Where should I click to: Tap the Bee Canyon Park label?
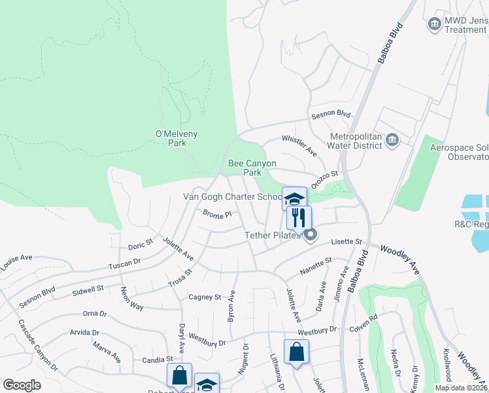pyautogui.click(x=252, y=168)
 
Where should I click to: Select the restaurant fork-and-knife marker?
pyautogui.click(x=299, y=217)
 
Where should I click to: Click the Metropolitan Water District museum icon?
pyautogui.click(x=392, y=140)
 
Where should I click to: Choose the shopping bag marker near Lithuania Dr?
pyautogui.click(x=296, y=352)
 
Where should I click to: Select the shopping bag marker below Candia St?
pyautogui.click(x=179, y=376)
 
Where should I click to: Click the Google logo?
pyautogui.click(x=22, y=385)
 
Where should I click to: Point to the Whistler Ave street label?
pyautogui.click(x=299, y=146)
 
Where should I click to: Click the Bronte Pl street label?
pyautogui.click(x=217, y=214)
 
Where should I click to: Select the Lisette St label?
pyautogui.click(x=346, y=242)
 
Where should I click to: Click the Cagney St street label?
pyautogui.click(x=205, y=297)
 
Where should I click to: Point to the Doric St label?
pyautogui.click(x=140, y=244)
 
